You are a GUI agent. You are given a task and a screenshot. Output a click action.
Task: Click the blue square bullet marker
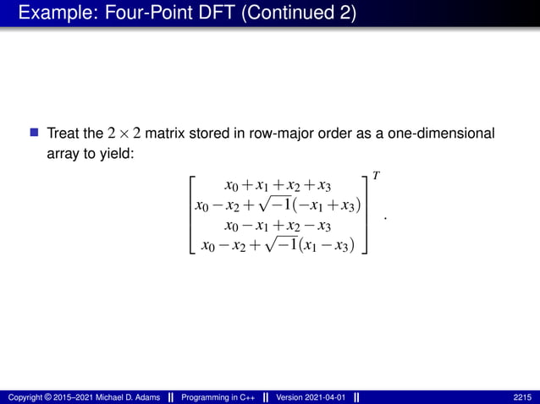coord(35,134)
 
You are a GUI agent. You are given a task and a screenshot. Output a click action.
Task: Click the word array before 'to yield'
coord(63,156)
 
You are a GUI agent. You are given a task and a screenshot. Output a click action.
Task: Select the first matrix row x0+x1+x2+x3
coord(278,185)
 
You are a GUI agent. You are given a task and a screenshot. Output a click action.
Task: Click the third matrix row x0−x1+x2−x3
coord(278,225)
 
